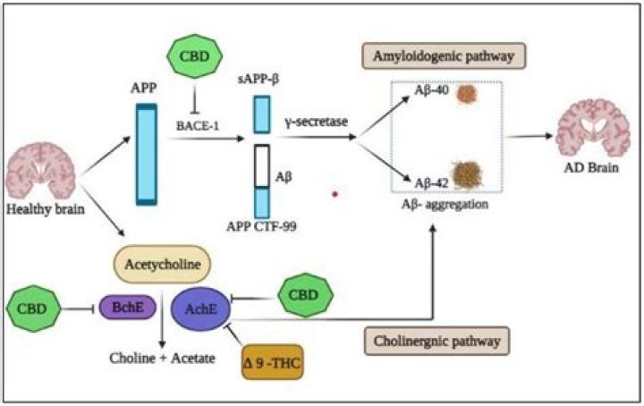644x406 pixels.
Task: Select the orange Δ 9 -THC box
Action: coord(274,361)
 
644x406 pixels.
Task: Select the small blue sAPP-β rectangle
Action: coord(261,114)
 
